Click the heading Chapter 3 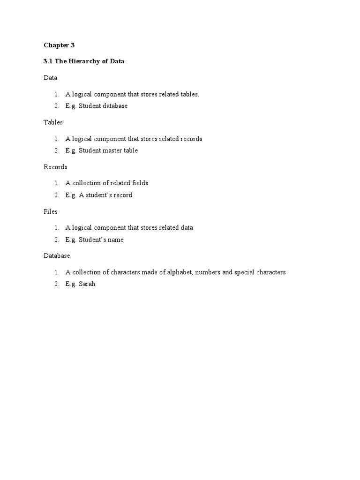click(x=59, y=45)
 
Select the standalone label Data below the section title click(x=50, y=78)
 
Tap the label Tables click(x=53, y=122)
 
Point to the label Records click(x=55, y=167)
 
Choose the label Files click(x=51, y=211)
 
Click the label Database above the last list click(x=57, y=256)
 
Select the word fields click(x=139, y=183)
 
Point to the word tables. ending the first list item click(x=190, y=94)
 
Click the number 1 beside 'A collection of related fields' click(x=56, y=183)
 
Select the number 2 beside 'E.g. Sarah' click(x=56, y=284)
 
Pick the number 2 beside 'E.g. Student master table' click(x=56, y=150)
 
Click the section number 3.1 click(x=48, y=61)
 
